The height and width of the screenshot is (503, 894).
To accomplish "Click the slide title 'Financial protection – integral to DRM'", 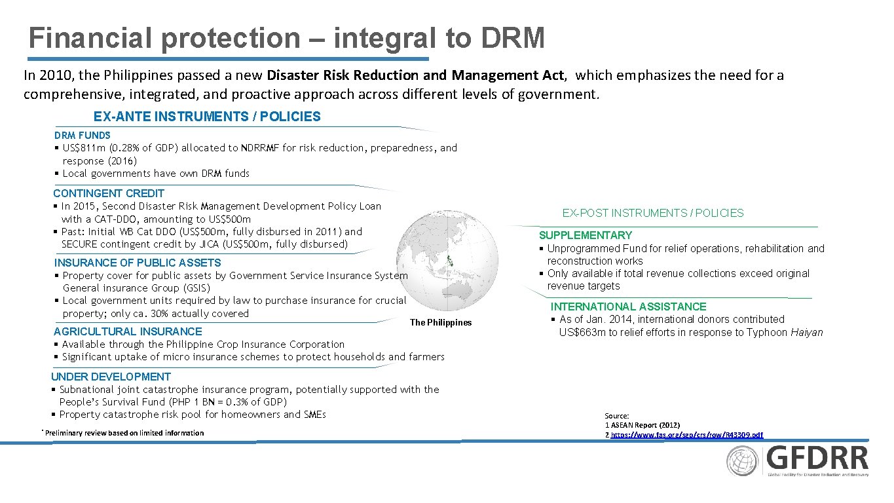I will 286,38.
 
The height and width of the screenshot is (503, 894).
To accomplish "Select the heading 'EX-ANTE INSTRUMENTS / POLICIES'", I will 207,117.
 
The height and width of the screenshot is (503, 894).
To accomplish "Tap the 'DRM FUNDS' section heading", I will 83,135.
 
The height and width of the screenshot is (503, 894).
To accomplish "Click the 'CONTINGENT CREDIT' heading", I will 109,193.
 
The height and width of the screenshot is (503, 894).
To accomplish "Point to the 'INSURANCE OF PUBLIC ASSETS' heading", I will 138,263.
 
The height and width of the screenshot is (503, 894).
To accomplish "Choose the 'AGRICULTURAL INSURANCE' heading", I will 128,331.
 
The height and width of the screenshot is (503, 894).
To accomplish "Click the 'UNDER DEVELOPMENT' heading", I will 111,377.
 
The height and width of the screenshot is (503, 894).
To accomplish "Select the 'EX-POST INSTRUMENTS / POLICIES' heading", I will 653,213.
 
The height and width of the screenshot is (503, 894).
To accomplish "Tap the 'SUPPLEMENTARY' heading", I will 586,235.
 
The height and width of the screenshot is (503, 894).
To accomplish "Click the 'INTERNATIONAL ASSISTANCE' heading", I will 628,307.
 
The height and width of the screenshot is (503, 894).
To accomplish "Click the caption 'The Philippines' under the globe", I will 440,322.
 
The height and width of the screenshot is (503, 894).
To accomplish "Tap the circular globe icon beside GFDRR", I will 743,461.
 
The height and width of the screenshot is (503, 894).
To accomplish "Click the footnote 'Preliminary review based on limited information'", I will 124,433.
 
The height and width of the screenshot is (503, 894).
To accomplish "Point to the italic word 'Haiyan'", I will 806,332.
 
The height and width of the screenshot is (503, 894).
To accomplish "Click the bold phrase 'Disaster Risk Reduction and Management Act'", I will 419,75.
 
